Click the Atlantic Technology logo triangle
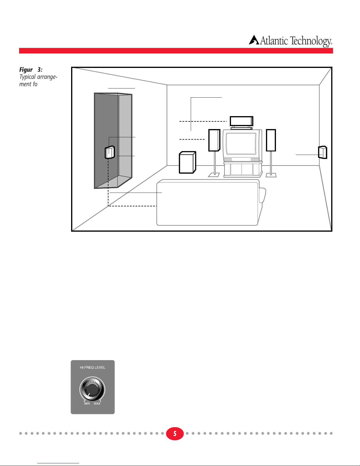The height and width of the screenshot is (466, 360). coord(254,40)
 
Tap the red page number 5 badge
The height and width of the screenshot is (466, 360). coord(175,434)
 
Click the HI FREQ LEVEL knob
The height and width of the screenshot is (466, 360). coord(92,389)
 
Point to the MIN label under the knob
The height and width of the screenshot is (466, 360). coord(87,404)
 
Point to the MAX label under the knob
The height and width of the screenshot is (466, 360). coord(97,404)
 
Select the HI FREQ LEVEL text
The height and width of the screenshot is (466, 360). coord(93,368)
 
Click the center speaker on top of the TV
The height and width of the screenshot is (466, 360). coord(241,121)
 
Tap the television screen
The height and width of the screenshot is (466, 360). coord(241,143)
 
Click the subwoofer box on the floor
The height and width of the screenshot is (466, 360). coord(187,163)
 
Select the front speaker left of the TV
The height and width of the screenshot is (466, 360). coord(214,140)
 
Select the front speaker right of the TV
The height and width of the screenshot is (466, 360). coord(271,140)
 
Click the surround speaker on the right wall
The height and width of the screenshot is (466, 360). coord(323,152)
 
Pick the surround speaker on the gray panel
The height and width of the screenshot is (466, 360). coord(110,152)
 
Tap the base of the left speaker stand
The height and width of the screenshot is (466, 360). coord(214,175)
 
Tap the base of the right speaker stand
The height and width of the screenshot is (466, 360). coord(271,175)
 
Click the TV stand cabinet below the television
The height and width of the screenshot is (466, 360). coord(242,169)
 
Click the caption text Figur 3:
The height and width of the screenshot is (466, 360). coord(31,70)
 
